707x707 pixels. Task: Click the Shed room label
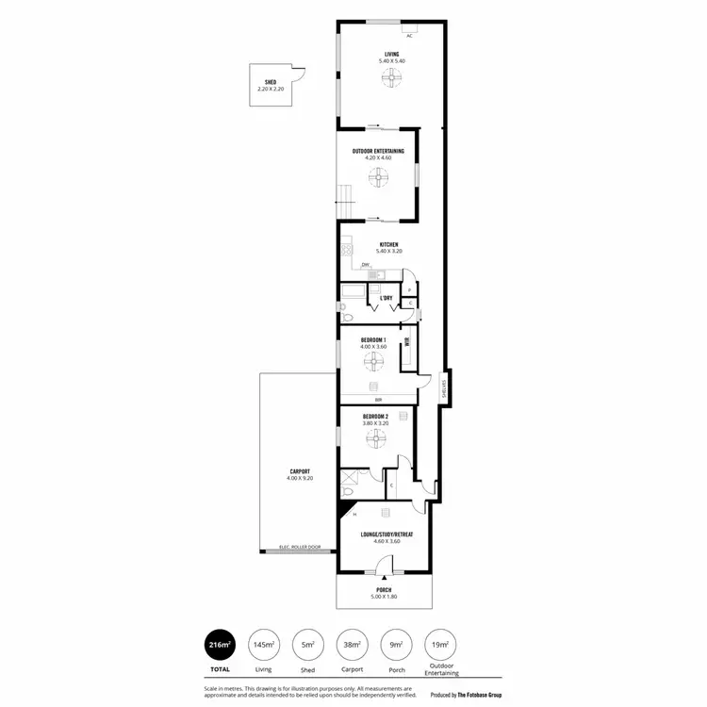click(x=270, y=82)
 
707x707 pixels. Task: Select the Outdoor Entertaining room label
click(x=378, y=151)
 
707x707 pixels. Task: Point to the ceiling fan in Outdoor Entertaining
click(x=378, y=176)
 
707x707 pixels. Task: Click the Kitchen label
click(x=388, y=244)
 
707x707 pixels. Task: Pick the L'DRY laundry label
click(x=386, y=298)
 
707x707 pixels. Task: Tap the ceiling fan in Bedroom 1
click(x=373, y=358)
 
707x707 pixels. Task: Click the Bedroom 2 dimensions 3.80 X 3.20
click(x=375, y=423)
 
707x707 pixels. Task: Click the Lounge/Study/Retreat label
click(x=386, y=534)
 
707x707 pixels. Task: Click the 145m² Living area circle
click(x=264, y=645)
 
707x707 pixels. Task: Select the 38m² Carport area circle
click(x=353, y=645)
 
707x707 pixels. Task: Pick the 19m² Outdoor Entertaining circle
click(x=440, y=645)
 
